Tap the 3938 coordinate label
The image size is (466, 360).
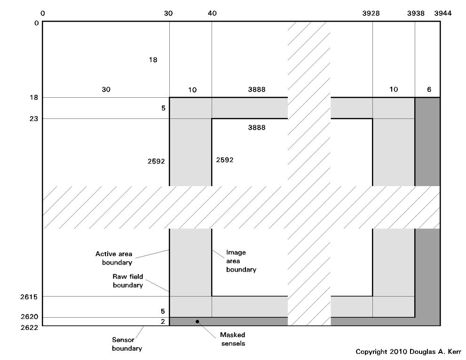(415, 13)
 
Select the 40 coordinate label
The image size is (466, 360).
(212, 13)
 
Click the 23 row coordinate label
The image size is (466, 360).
(34, 119)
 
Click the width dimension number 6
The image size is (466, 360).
(429, 89)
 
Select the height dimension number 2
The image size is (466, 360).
(163, 321)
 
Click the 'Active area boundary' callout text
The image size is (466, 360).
(114, 258)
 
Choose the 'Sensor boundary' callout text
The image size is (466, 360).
(127, 344)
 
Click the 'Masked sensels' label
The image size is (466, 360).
(232, 339)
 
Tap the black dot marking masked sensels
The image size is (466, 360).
(197, 321)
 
